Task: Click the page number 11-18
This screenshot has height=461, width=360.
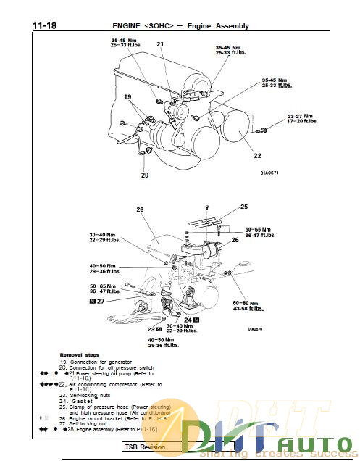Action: [x=44, y=25]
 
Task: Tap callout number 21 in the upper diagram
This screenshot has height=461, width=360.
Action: [x=160, y=45]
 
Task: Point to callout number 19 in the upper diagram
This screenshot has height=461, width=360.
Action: [x=127, y=96]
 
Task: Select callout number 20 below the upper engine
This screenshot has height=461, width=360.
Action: [x=144, y=175]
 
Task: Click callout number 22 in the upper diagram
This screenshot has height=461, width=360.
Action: [x=257, y=155]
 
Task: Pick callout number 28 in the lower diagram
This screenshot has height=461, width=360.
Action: [x=140, y=209]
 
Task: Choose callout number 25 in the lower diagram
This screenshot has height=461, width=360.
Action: [x=243, y=207]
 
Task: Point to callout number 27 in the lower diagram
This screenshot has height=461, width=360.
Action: [x=101, y=300]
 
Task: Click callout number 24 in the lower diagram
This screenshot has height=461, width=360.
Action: [x=188, y=319]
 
